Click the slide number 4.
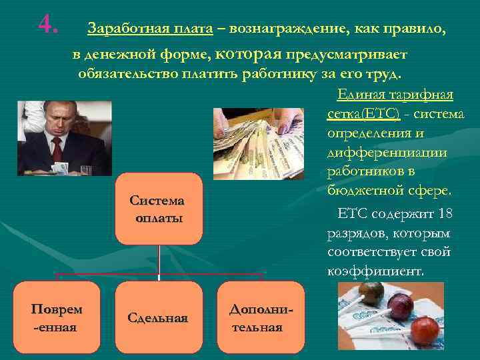[48, 25]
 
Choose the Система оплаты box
[158, 209]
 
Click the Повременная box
[57, 317]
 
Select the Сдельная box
[158, 317]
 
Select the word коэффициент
[374, 272]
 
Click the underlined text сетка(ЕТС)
[363, 114]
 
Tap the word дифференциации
[387, 153]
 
